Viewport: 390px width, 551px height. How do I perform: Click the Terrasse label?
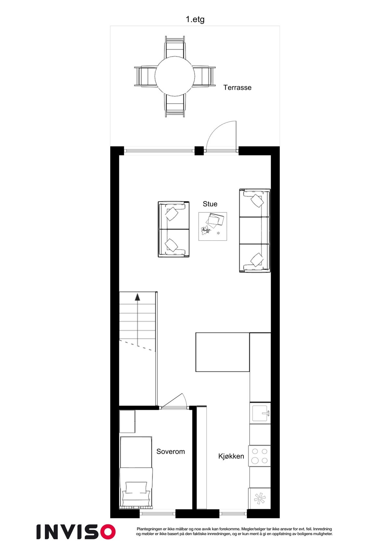click(237, 87)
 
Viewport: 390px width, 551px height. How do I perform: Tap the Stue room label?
click(210, 204)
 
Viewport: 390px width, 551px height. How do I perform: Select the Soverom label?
click(170, 451)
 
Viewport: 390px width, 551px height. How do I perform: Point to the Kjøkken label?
click(231, 456)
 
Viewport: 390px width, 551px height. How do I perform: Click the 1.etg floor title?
click(195, 19)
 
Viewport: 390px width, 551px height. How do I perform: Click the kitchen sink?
click(260, 413)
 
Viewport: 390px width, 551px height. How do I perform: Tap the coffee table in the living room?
click(213, 226)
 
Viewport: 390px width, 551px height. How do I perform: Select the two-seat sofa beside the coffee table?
click(174, 229)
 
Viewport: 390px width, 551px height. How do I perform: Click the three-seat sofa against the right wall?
click(255, 230)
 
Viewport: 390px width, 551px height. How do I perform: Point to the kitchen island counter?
click(222, 352)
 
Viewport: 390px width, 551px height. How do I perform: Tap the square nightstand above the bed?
click(127, 421)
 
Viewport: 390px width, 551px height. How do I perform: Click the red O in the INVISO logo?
click(106, 532)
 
